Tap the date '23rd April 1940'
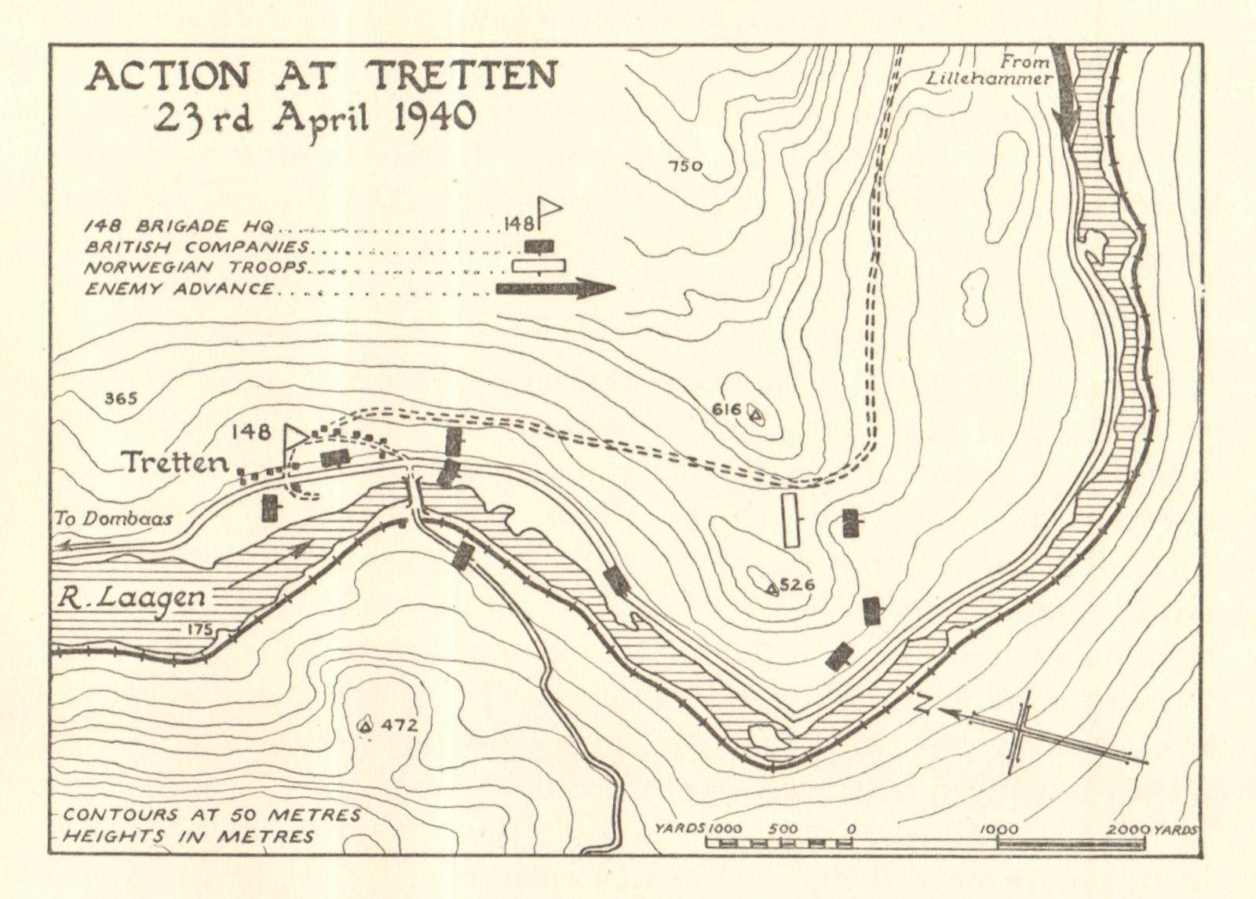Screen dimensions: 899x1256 coord(314,119)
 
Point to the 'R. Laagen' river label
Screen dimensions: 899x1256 coord(130,598)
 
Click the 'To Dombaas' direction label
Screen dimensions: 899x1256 coord(114,519)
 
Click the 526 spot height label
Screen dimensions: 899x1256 coord(798,585)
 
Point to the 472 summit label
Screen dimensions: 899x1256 coord(399,725)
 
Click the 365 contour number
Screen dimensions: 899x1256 coord(121,399)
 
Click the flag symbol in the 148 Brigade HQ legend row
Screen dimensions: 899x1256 coord(549,212)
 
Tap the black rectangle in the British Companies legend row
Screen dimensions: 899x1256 coord(539,247)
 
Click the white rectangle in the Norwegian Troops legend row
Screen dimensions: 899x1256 coord(539,266)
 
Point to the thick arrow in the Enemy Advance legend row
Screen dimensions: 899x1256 coord(555,289)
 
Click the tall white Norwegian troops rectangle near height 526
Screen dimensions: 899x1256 coord(790,520)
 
